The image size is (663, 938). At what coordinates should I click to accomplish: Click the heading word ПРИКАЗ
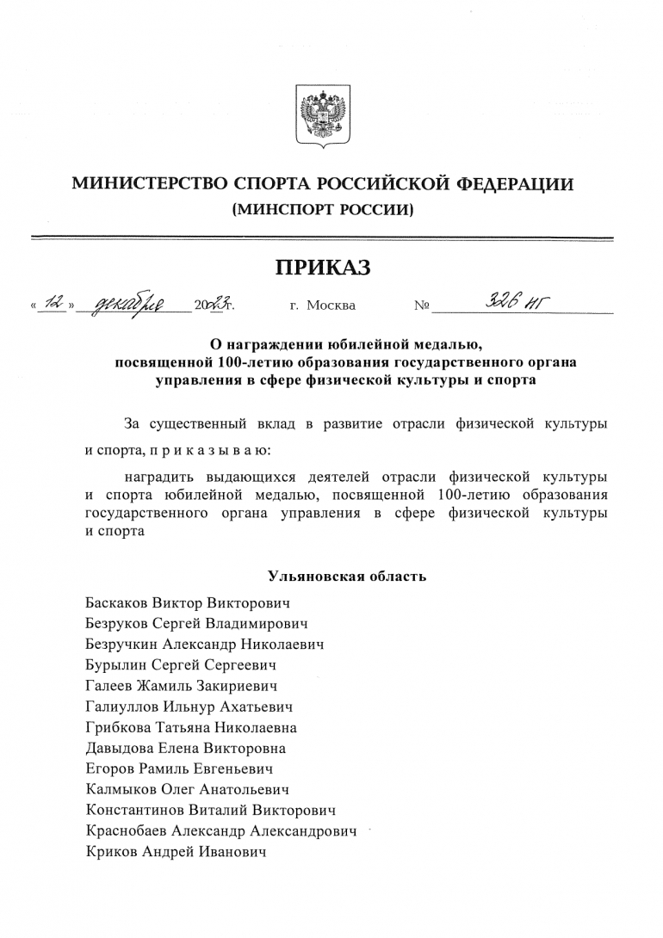click(x=323, y=268)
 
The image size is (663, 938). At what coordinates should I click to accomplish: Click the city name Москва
click(x=331, y=305)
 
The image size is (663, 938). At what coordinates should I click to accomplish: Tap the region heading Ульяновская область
click(x=346, y=576)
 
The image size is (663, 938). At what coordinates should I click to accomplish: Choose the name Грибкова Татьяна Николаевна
click(x=192, y=728)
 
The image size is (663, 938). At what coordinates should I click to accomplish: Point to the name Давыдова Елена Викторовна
click(x=186, y=749)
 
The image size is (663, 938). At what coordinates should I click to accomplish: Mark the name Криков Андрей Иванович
click(x=176, y=853)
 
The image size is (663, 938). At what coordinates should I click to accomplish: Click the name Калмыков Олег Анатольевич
click(x=188, y=790)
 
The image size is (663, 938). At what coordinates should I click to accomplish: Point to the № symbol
click(x=422, y=305)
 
